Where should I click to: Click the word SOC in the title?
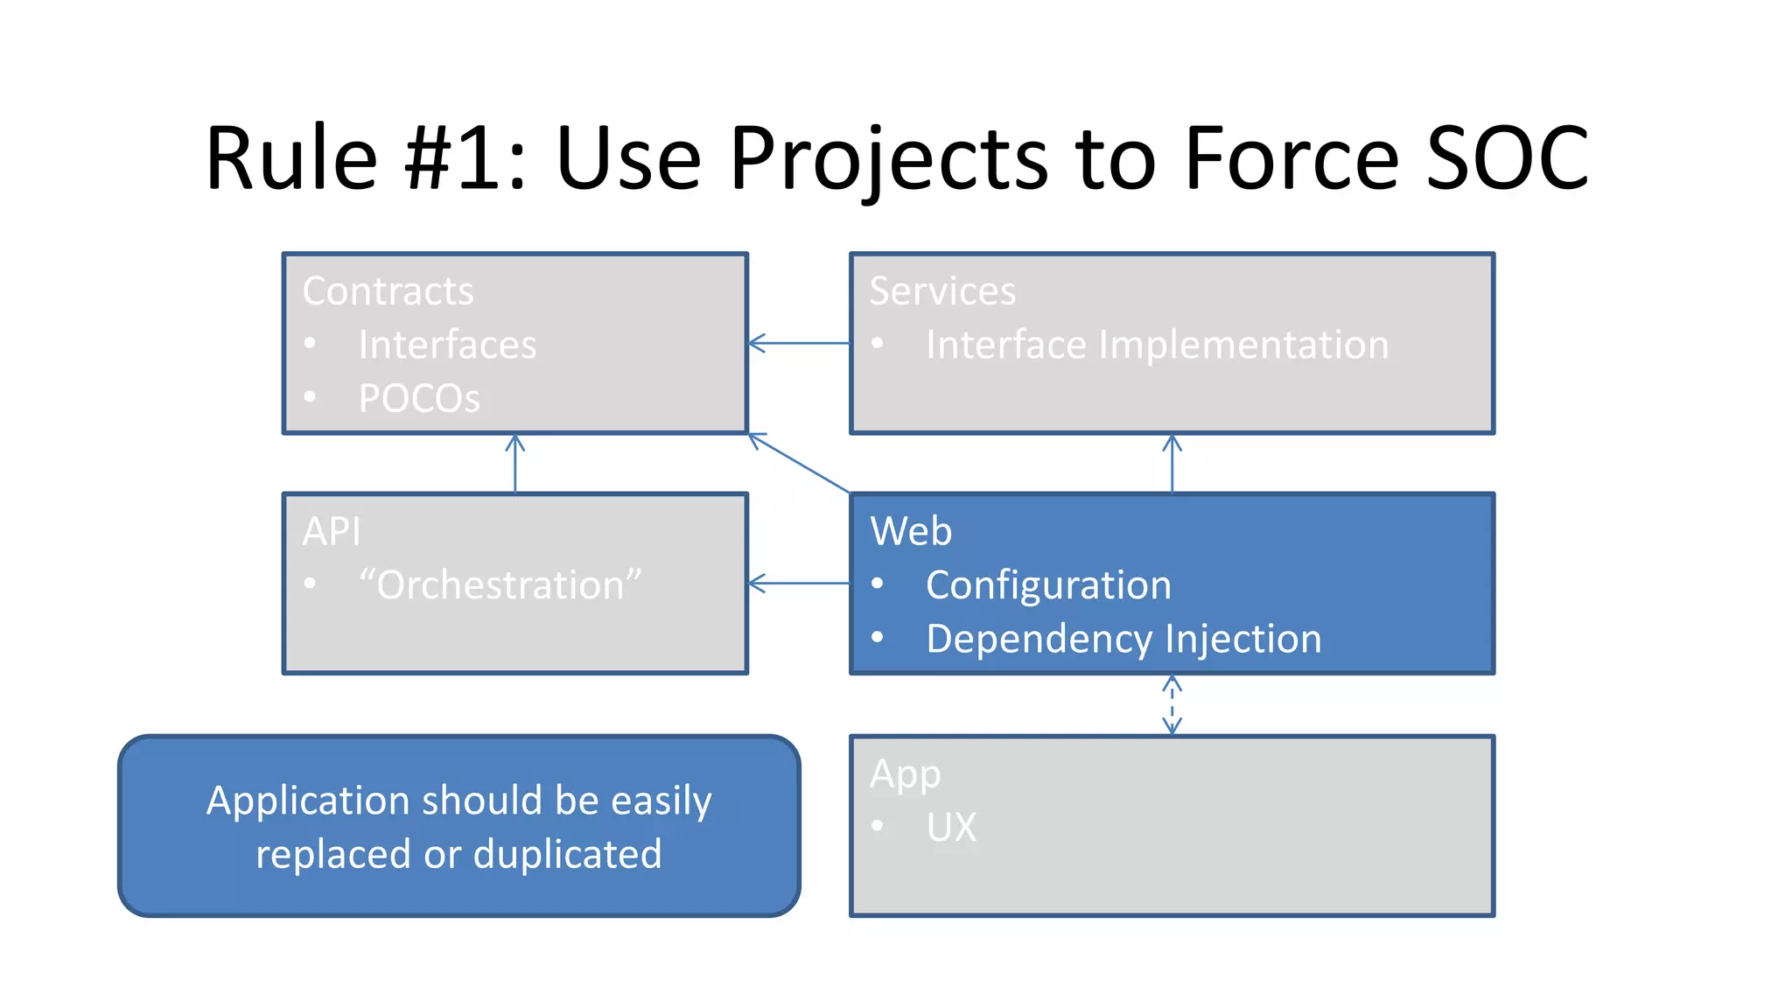pos(1507,158)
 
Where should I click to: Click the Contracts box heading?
pos(388,291)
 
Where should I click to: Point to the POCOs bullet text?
pos(419,399)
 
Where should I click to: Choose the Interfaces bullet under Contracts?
pos(447,345)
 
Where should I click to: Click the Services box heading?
pos(942,291)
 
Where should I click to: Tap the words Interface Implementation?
pos(1157,345)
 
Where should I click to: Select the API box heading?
pos(332,531)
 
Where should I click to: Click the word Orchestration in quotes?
pos(500,584)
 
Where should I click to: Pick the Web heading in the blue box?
pos(911,531)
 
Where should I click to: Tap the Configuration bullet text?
pos(1048,584)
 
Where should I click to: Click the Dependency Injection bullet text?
pos(1123,639)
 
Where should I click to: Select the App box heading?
pos(906,774)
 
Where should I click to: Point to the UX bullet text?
pos(951,827)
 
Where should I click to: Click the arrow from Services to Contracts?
pos(799,343)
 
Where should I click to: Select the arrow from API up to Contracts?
pos(515,464)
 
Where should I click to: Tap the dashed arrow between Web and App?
pos(1172,704)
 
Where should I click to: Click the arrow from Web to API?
pos(799,583)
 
